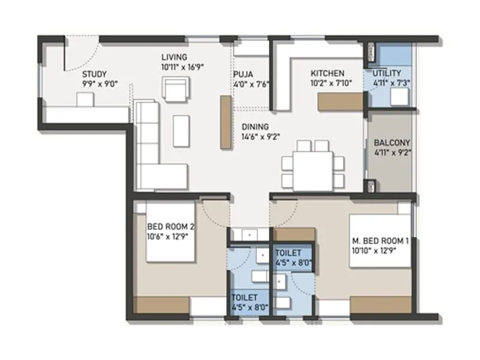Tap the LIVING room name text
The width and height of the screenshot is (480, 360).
coord(174,58)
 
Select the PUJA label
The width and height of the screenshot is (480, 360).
coord(243,74)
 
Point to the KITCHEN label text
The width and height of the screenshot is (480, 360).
coord(327,73)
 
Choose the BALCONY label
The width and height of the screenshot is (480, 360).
coord(392,143)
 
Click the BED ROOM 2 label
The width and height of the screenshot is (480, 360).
coord(171,227)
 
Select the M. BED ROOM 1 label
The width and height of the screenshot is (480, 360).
coord(380,241)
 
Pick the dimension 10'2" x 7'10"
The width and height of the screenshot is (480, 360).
coord(331,83)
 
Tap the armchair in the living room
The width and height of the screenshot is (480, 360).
coord(175,91)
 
